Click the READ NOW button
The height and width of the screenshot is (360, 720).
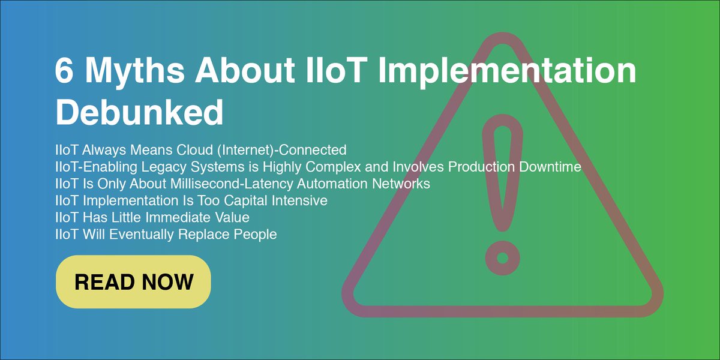pyautogui.click(x=133, y=282)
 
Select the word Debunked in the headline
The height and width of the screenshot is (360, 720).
pyautogui.click(x=139, y=112)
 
